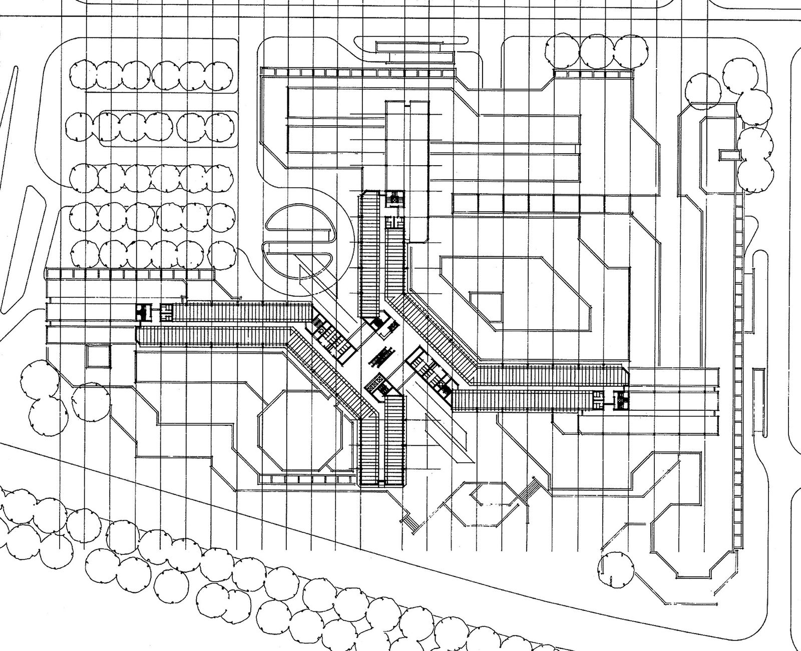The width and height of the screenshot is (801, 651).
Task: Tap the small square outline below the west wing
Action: pos(98,356)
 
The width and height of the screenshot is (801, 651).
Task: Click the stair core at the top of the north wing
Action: pos(395,198)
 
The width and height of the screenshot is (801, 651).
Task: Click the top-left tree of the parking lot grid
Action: pos(83,75)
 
